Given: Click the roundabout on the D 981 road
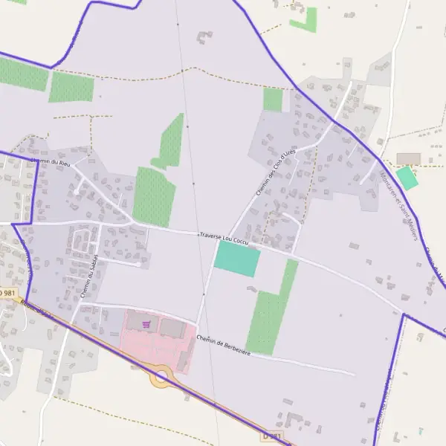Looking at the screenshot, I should pyautogui.click(x=161, y=377).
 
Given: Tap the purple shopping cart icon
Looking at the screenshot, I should pyautogui.click(x=146, y=324).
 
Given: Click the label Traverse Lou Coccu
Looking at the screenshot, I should pyautogui.click(x=224, y=238).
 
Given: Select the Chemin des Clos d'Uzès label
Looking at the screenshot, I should pyautogui.click(x=275, y=172).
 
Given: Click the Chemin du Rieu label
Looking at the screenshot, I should pyautogui.click(x=52, y=161).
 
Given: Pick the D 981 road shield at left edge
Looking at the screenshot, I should pyautogui.click(x=7, y=294).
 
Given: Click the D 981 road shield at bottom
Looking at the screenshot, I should pyautogui.click(x=273, y=436).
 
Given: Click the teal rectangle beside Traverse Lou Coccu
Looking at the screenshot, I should pyautogui.click(x=237, y=259).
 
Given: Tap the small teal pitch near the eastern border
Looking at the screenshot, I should pyautogui.click(x=407, y=178).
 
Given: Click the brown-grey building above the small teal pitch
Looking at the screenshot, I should pyautogui.click(x=408, y=158).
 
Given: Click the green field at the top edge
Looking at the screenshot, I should pyautogui.click(x=303, y=20).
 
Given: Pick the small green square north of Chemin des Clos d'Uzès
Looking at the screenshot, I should pyautogui.click(x=273, y=100).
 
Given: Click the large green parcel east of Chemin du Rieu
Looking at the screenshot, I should pyautogui.click(x=154, y=196).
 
